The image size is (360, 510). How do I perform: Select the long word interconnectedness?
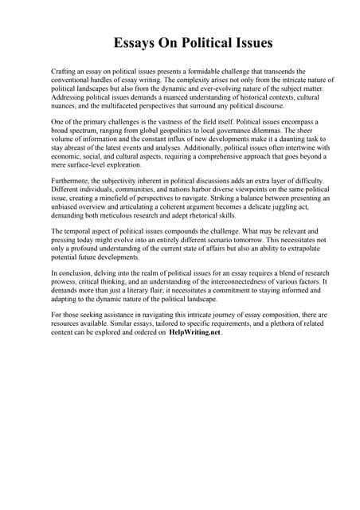pos(226,281)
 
